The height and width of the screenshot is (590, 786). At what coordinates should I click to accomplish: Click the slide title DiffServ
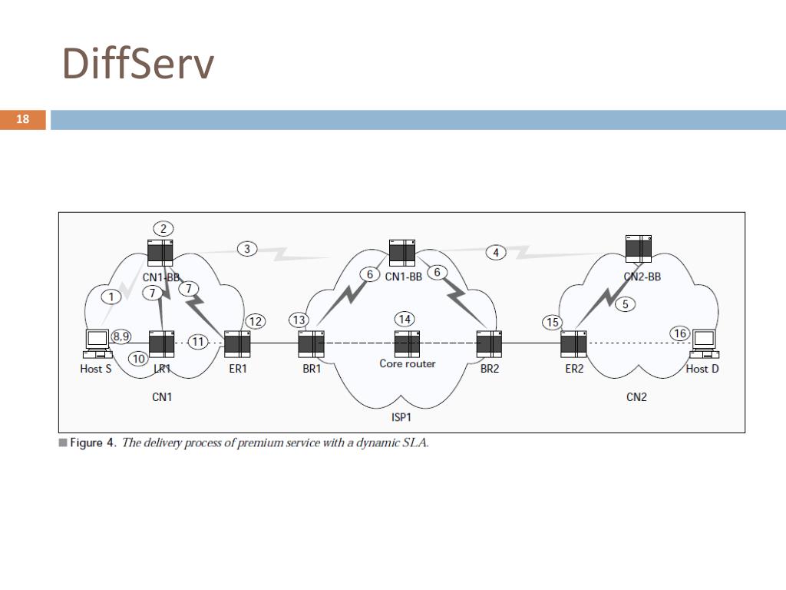(137, 64)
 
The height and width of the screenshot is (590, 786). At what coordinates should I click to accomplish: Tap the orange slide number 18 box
(23, 119)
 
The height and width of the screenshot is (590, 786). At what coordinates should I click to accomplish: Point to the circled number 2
(163, 228)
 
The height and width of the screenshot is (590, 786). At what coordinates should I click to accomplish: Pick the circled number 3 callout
(246, 248)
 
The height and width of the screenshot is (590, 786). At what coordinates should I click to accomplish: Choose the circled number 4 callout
(496, 252)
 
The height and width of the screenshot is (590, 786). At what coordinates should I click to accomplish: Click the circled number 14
(405, 318)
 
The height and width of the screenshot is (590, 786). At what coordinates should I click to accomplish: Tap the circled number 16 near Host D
(679, 333)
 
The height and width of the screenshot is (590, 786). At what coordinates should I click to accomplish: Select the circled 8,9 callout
(121, 336)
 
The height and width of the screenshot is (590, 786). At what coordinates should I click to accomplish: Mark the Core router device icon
(407, 343)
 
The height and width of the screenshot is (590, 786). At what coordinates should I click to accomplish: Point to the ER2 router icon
(573, 343)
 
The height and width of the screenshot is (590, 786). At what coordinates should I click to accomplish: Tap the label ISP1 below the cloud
(401, 418)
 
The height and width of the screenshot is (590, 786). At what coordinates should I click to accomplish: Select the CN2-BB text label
(642, 277)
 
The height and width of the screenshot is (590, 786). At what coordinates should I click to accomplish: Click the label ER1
(237, 369)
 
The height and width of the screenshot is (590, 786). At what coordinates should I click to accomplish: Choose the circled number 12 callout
(255, 320)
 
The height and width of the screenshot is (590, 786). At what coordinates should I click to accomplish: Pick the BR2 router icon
(489, 344)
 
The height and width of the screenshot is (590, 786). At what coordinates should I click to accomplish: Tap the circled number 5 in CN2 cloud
(626, 304)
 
